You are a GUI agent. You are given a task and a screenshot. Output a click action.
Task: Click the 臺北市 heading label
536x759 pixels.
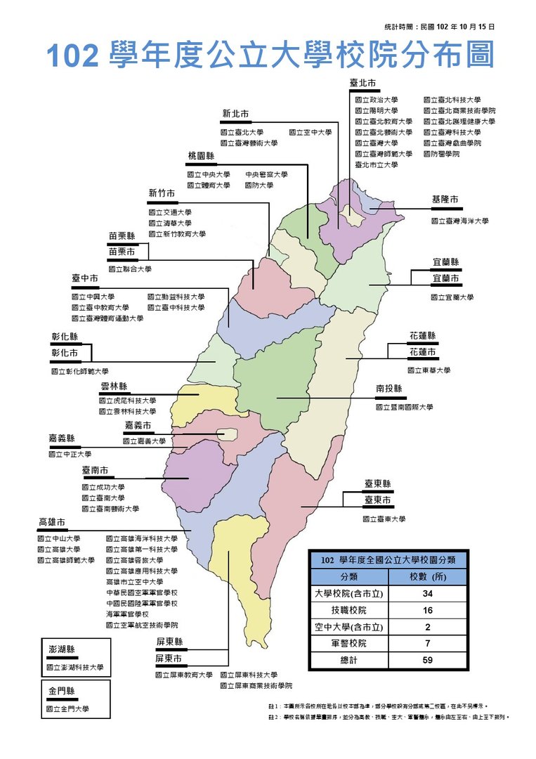point(363,83)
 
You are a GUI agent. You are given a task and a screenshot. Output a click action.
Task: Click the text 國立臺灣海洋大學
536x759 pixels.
point(459,221)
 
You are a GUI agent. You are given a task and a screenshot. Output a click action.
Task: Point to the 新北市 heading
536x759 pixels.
point(235,114)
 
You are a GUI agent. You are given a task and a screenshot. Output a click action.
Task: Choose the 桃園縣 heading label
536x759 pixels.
point(201,155)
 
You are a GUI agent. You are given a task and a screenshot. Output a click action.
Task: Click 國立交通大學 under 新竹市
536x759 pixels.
point(169,212)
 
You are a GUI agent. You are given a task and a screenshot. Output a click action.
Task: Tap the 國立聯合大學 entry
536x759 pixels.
point(129,268)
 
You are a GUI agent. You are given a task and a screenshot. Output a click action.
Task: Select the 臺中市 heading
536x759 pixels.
point(85,278)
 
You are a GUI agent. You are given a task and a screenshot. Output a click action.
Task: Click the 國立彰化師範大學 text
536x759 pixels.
point(79,370)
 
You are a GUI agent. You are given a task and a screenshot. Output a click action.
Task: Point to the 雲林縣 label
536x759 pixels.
point(114,386)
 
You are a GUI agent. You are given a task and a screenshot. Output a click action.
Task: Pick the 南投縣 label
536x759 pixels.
point(388,388)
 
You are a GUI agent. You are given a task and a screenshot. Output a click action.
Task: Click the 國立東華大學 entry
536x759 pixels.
point(429,370)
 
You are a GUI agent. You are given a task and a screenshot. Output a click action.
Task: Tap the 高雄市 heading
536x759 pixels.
point(52,522)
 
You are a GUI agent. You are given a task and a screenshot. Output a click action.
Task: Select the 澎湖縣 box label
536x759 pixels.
point(62,650)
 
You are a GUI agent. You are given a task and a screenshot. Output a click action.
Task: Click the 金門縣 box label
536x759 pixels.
point(62,692)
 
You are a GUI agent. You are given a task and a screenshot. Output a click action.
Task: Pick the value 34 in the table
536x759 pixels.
point(427,594)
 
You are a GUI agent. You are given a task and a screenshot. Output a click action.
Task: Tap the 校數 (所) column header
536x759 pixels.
point(427,577)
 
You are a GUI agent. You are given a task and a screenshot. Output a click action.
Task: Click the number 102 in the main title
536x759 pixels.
point(73,56)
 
